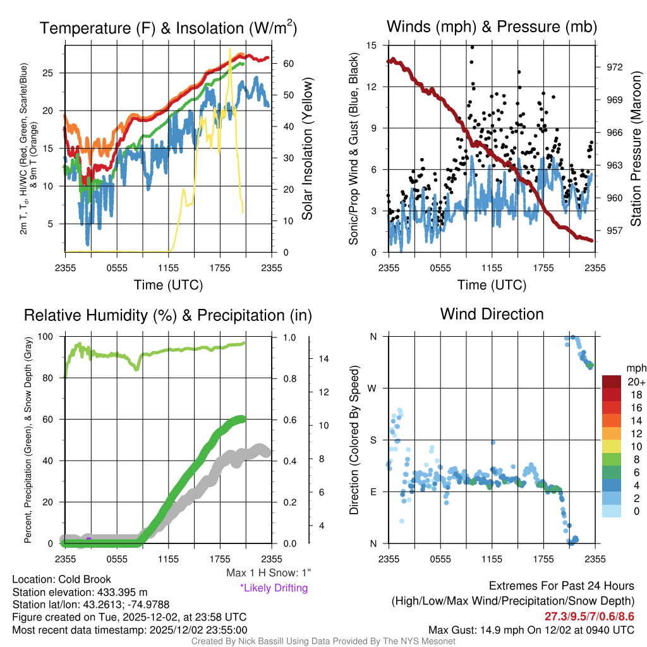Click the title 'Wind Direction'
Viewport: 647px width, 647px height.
[492, 314]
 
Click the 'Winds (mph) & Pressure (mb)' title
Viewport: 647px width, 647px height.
[492, 27]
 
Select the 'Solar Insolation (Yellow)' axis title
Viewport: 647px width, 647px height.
[308, 148]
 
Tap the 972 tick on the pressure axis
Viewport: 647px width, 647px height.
[614, 67]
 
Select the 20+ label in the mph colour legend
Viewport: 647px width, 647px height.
[636, 382]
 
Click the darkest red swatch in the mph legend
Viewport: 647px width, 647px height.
[612, 382]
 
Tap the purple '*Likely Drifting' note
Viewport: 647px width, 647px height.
[274, 588]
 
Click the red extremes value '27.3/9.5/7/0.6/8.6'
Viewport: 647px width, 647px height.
[589, 616]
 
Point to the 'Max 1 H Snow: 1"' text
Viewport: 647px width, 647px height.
[269, 573]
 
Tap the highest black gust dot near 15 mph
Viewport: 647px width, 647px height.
[472, 47]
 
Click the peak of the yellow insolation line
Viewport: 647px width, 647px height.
[230, 49]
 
